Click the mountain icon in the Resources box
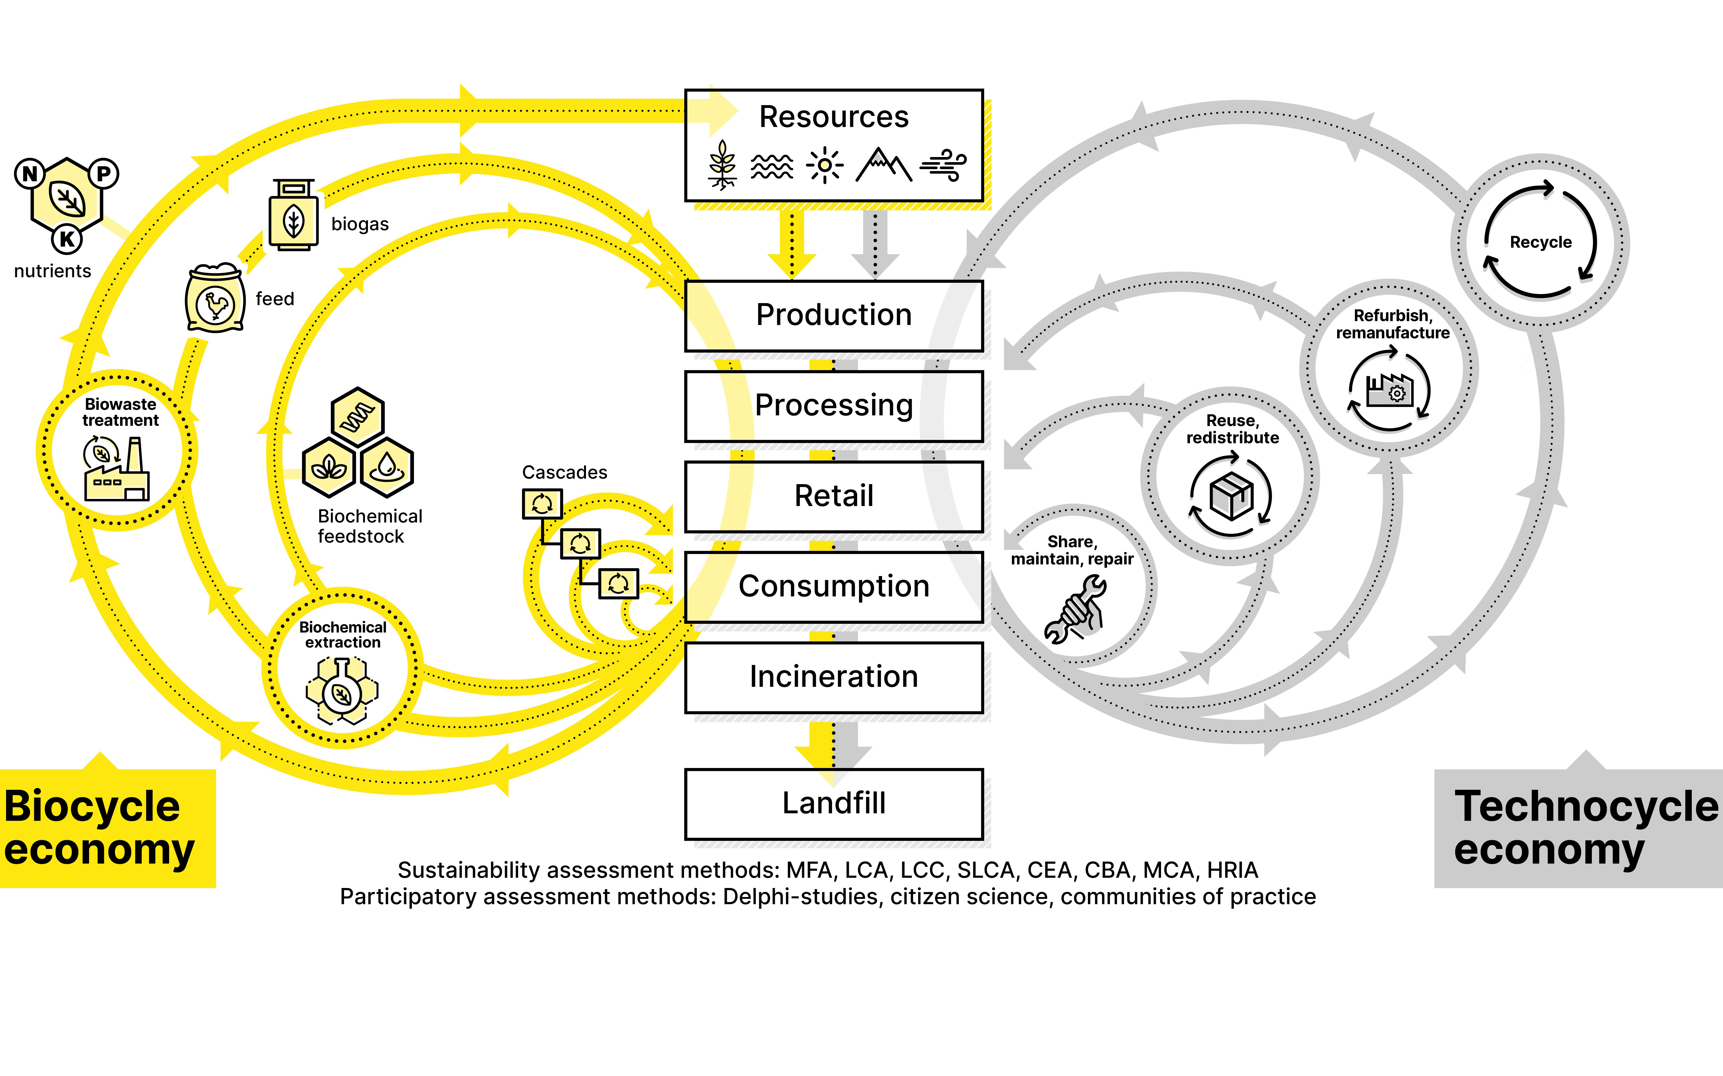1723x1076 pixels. (883, 165)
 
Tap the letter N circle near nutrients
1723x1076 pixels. (30, 174)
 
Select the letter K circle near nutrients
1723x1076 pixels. (67, 239)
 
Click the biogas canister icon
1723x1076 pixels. (293, 216)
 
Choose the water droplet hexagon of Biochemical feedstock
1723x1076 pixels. (387, 467)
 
